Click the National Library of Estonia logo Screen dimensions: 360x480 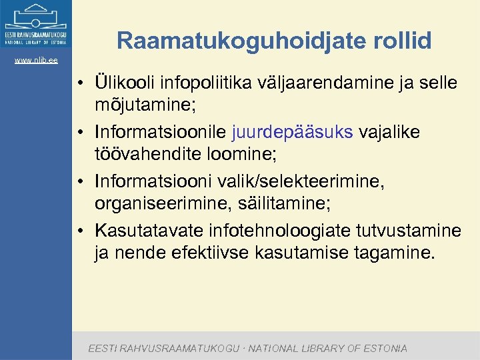[36, 25]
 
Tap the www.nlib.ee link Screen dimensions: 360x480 [36, 61]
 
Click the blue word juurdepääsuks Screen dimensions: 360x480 [293, 131]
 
